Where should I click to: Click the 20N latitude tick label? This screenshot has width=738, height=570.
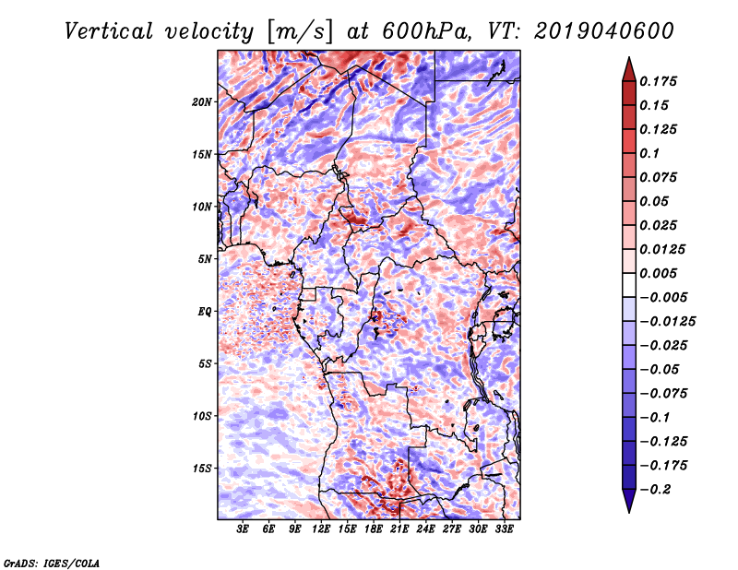[202, 102]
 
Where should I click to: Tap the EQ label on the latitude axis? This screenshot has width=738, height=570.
[205, 312]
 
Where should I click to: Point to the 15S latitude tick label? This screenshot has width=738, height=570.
[202, 469]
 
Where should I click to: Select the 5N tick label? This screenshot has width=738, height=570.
[205, 259]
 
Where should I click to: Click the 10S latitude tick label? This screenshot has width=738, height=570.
[202, 417]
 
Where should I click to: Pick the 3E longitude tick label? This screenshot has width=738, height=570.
[243, 529]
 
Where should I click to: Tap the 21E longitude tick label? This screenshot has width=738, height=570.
[399, 529]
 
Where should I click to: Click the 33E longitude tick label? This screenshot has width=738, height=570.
[504, 529]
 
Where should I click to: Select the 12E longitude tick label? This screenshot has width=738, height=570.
[321, 529]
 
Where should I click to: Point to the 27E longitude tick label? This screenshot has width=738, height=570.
[452, 529]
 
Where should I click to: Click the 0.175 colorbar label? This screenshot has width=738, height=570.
[658, 81]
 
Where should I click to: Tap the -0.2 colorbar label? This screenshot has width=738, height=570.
[655, 490]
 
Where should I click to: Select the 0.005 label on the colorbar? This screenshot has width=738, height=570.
[658, 273]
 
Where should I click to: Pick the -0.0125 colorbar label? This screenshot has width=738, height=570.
[667, 322]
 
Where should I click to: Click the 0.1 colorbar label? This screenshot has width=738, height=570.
[649, 153]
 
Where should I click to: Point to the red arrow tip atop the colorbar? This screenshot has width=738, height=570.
[629, 57]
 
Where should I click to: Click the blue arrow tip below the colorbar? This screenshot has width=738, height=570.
[629, 512]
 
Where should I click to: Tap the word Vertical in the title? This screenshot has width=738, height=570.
[108, 31]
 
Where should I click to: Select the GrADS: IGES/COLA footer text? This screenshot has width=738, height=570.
[51, 563]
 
